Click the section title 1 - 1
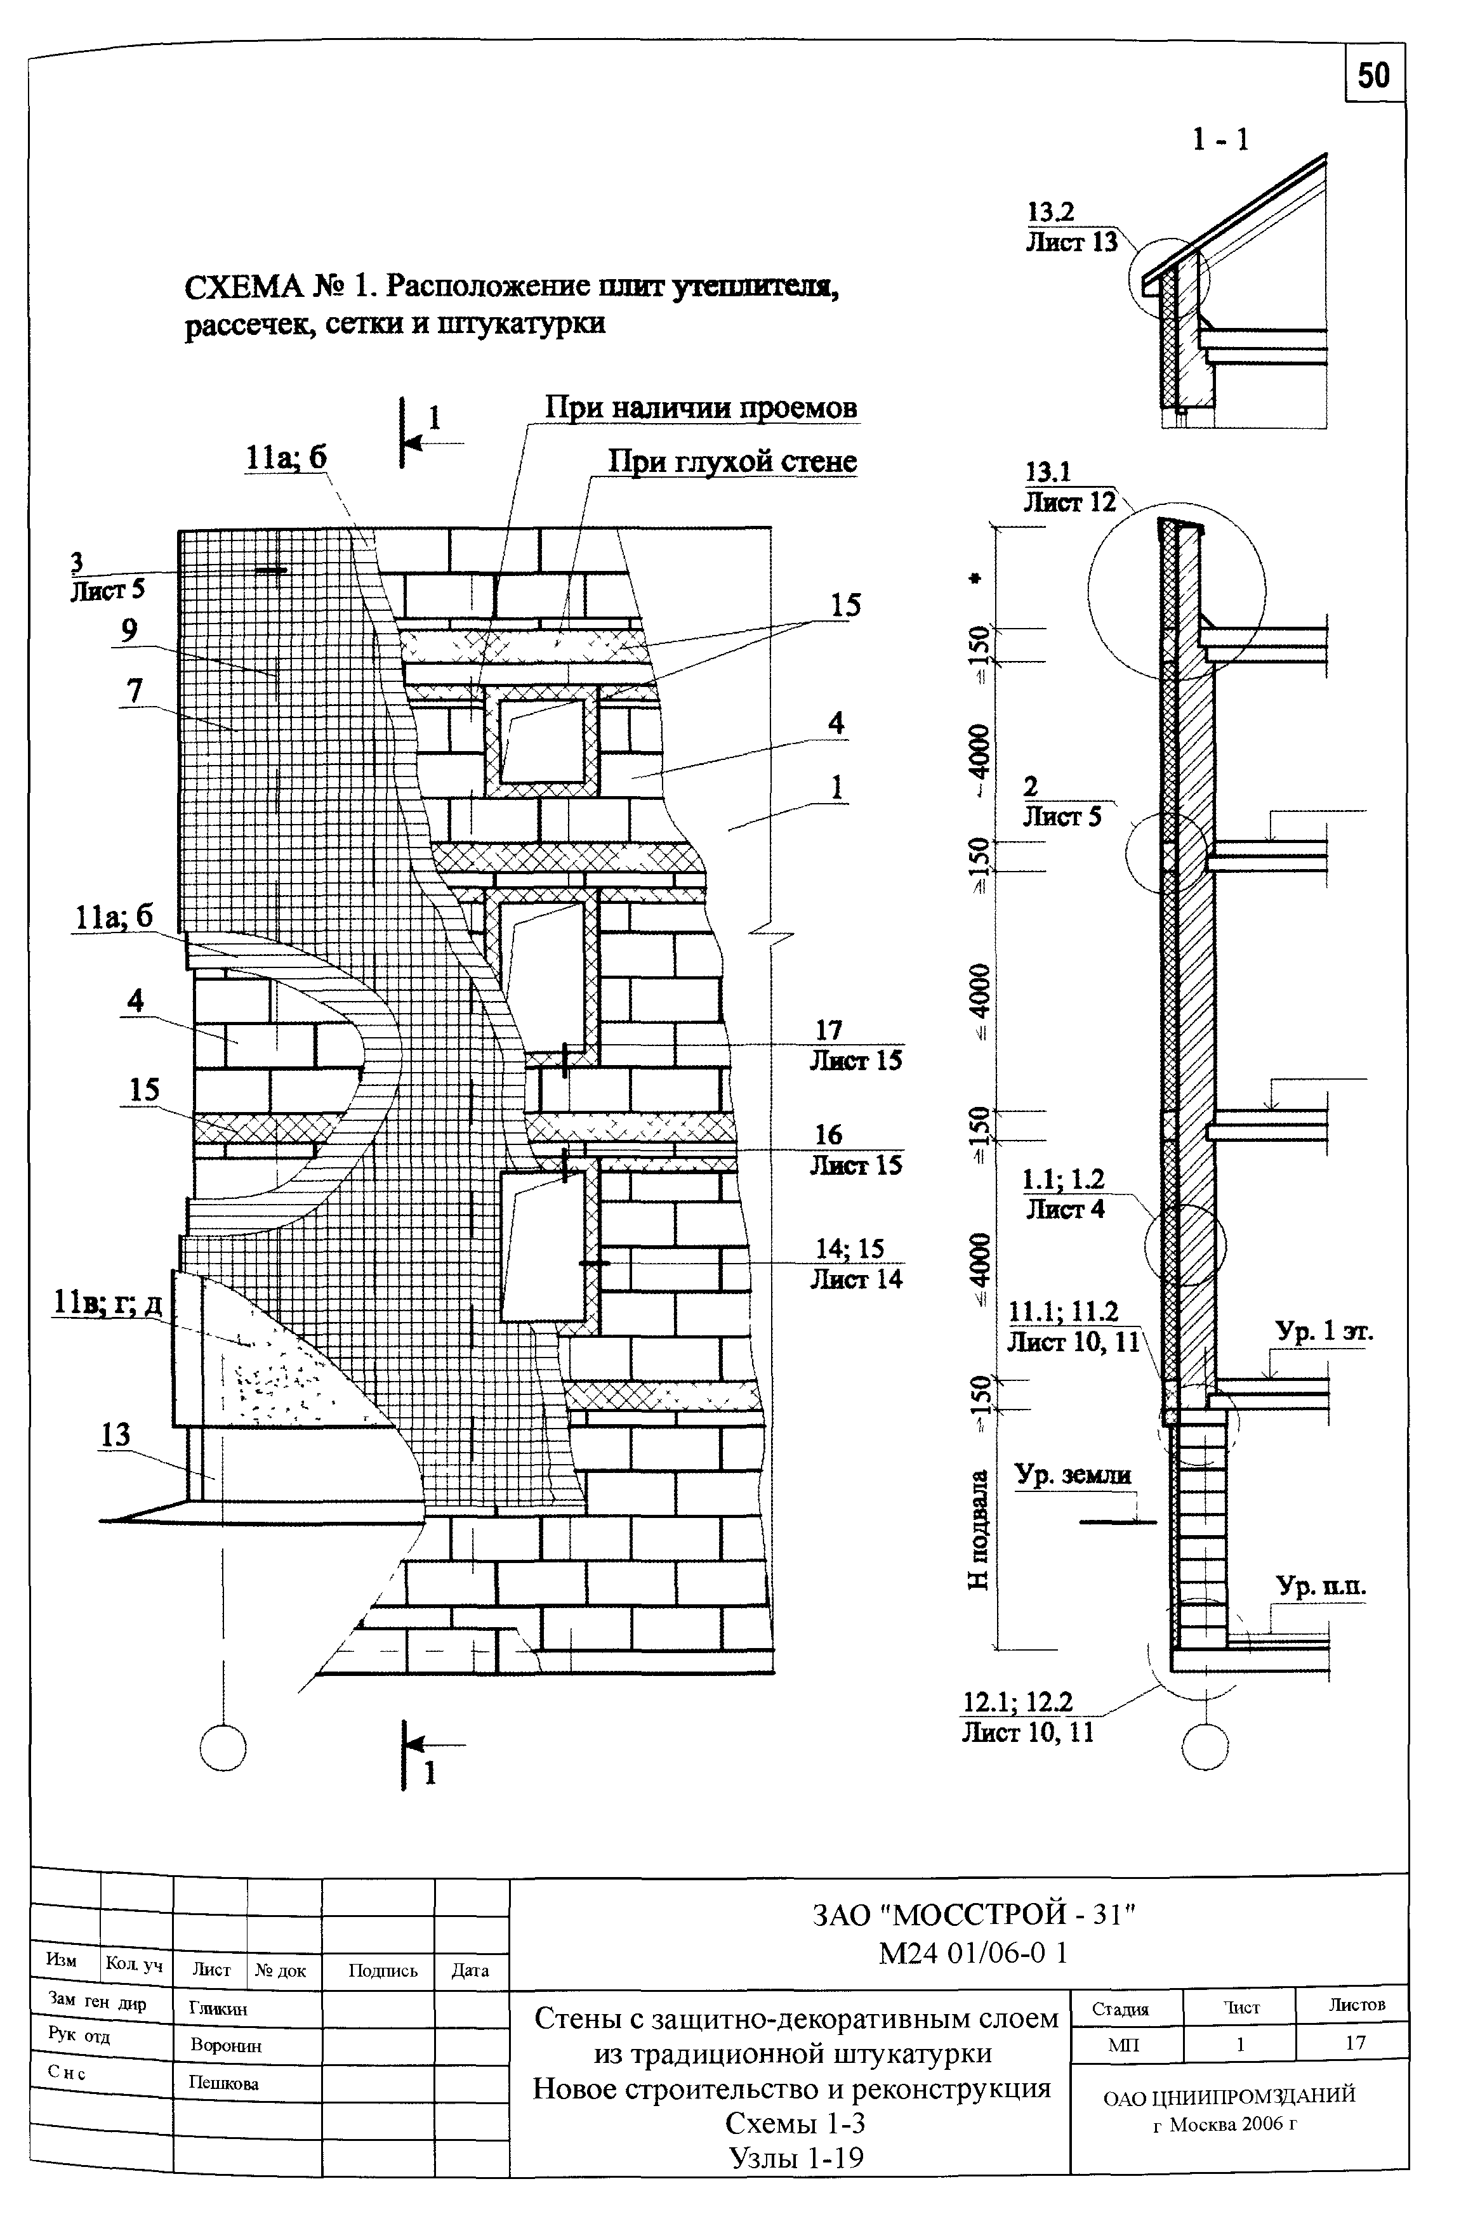click(x=1221, y=140)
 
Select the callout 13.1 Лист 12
click(x=1069, y=487)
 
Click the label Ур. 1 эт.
click(x=1324, y=1332)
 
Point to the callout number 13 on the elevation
click(x=115, y=1435)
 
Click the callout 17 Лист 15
click(x=856, y=1045)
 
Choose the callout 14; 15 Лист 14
click(x=856, y=1263)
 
